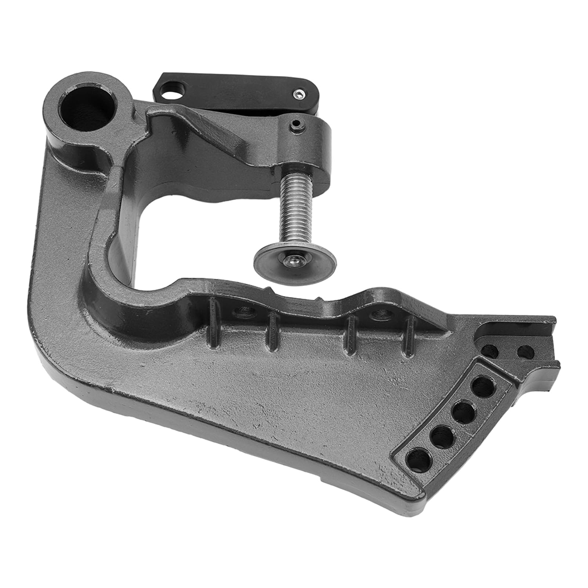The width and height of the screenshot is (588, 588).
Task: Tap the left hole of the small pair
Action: tap(490, 351)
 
